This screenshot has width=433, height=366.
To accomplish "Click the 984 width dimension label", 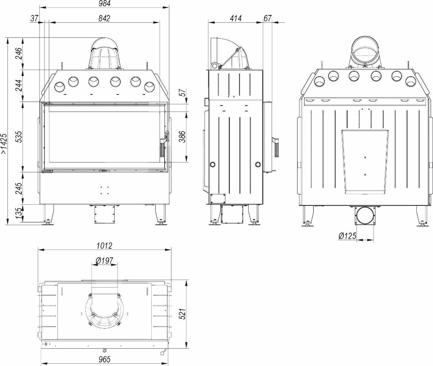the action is click(x=104, y=4).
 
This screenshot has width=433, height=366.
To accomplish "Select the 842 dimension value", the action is click(x=104, y=18).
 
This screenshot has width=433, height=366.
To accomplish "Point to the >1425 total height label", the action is click(x=4, y=144).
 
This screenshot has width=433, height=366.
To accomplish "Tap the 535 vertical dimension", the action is click(x=18, y=137).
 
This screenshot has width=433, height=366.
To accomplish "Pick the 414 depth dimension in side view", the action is click(x=236, y=18).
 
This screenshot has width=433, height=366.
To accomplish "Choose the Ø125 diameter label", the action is click(x=348, y=236).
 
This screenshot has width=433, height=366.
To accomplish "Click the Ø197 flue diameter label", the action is click(x=104, y=260).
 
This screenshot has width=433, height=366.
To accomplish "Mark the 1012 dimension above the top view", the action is click(x=104, y=245).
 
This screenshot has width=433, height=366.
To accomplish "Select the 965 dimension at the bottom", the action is click(x=104, y=359).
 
